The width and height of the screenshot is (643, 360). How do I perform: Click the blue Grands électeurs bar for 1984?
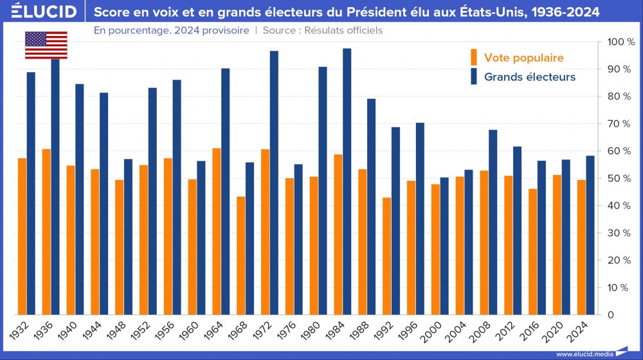click(x=347, y=181)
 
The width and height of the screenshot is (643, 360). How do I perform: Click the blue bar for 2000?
click(x=444, y=246)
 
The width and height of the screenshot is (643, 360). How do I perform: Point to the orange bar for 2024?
click(x=581, y=248)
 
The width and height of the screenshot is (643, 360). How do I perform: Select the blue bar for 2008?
click(x=493, y=222)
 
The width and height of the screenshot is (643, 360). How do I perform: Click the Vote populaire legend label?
click(x=523, y=58)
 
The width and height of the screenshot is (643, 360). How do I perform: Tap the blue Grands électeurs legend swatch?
click(x=474, y=77)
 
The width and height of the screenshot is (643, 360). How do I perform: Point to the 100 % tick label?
click(x=621, y=42)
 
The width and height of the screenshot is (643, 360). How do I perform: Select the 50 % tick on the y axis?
click(x=621, y=178)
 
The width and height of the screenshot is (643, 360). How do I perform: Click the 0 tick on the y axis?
click(x=610, y=315)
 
